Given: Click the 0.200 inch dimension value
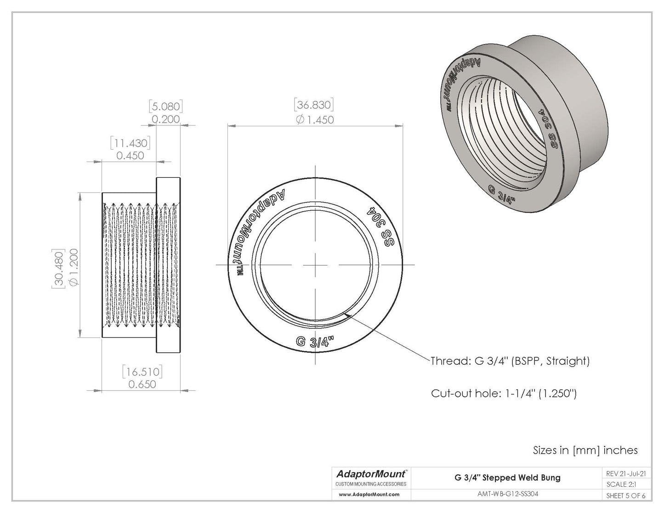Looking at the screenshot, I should coord(166,119).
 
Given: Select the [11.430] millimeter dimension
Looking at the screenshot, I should coord(130,143).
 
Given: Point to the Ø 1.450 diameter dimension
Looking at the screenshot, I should coord(315,120).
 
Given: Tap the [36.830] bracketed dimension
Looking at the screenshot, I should coord(314,105).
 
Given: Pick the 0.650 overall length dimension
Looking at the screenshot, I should coord(142,384).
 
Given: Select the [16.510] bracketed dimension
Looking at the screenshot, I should coord(142,371).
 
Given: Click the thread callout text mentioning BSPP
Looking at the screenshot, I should coord(510,361).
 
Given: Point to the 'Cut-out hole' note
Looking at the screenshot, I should coord(504,394).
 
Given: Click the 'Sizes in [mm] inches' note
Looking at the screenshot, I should coord(585,450).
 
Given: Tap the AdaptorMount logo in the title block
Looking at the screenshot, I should coord(371,474).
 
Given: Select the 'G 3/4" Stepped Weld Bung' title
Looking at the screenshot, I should coord(507,478).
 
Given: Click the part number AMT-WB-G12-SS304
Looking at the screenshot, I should coord(507,495).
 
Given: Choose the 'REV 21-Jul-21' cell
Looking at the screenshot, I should coord(625,474).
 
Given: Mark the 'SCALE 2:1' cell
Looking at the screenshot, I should coord(621,485).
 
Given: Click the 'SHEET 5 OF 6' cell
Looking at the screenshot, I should coord(625,496).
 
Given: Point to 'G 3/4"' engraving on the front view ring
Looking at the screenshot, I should coord(315,343).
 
